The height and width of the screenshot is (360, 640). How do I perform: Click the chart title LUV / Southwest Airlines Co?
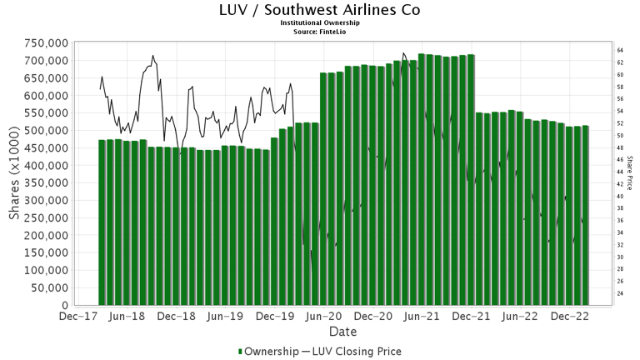tap(319, 10)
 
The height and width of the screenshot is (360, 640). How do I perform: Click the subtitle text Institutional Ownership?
tap(319, 23)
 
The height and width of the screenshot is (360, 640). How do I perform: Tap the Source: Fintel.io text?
tap(319, 32)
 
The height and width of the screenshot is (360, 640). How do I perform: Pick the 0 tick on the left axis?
tap(64, 306)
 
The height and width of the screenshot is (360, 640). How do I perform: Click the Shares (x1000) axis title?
tap(15, 174)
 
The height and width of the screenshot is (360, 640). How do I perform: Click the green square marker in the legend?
tap(242, 352)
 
